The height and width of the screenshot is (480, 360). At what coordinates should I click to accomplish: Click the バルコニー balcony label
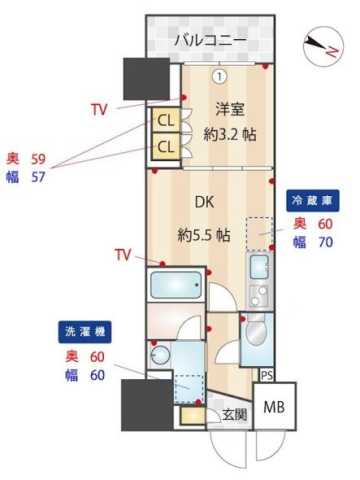[x=209, y=41]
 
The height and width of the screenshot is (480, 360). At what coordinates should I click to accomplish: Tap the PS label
[x=266, y=375]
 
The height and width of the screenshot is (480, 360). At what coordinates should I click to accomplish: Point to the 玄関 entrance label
[x=233, y=414]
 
